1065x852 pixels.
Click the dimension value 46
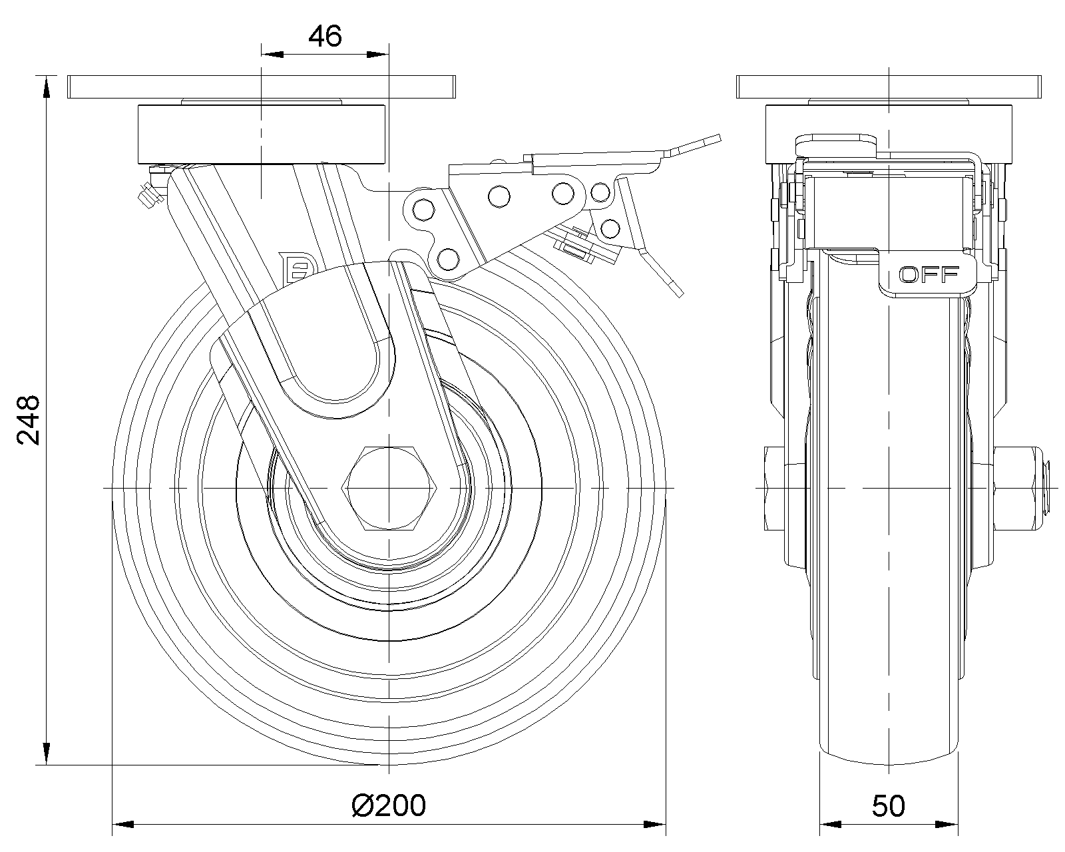pyautogui.click(x=325, y=37)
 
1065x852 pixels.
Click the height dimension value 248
pyautogui.click(x=29, y=420)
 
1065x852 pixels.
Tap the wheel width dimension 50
pyautogui.click(x=888, y=806)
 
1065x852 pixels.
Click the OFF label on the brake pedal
pyautogui.click(x=929, y=274)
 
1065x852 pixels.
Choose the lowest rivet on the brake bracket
pyautogui.click(x=449, y=258)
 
